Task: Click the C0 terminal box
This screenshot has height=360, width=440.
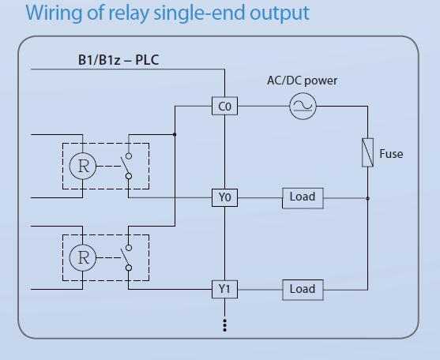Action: coord(224,106)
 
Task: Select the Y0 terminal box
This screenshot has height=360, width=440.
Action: coord(224,197)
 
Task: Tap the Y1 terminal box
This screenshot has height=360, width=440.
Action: coord(224,289)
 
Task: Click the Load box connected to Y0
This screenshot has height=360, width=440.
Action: coord(303,198)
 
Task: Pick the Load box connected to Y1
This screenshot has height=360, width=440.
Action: coord(303,290)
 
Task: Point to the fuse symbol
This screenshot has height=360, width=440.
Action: coord(367,152)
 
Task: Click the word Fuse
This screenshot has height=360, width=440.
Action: coord(391,154)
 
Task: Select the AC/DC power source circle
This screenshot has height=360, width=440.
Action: coord(303,106)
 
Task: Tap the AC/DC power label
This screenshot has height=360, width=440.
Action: coord(303,81)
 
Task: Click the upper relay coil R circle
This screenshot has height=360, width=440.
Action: coord(83,166)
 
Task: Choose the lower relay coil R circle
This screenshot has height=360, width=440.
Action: coord(83,257)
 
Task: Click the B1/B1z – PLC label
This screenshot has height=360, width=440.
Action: coord(118,60)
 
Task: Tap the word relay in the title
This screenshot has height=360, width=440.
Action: coord(128,13)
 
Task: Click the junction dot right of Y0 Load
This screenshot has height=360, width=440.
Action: coord(367,198)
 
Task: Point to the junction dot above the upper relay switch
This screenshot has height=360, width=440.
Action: coord(175,134)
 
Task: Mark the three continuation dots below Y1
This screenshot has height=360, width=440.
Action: coord(224,325)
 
